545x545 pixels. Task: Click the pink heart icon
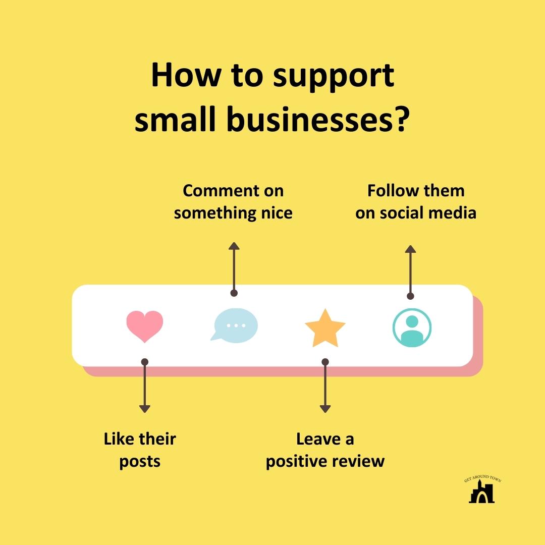point(145,326)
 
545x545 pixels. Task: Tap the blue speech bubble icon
point(234,325)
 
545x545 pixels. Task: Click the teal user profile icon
point(412,328)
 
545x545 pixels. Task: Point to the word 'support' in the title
point(334,77)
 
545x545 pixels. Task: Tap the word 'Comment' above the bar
point(221,191)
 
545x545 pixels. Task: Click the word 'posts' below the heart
point(140,462)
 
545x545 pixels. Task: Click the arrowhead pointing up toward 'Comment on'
point(234,246)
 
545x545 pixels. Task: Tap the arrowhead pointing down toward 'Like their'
point(145,409)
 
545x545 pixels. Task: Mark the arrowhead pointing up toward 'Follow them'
point(410,249)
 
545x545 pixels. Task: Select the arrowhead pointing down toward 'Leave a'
point(325,409)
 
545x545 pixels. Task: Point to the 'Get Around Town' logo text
point(483,478)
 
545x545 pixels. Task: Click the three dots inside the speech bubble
point(236,325)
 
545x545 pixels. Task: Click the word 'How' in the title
point(186,75)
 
